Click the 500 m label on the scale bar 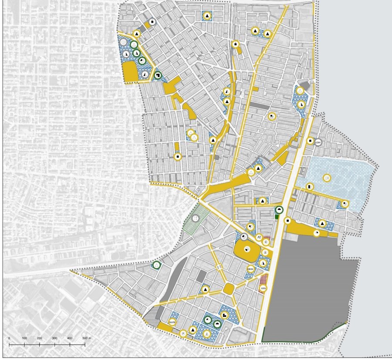pyautogui.click(x=87, y=338)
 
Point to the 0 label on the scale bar pyautogui.click(x=9, y=338)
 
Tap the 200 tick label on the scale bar pyautogui.click(x=39, y=338)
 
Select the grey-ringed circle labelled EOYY pyautogui.click(x=318, y=142)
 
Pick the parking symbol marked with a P pyautogui.click(x=183, y=333)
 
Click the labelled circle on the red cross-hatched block pyautogui.click(x=263, y=288)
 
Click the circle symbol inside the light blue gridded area pyautogui.click(x=327, y=178)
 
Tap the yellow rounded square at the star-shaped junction pyautogui.click(x=228, y=289)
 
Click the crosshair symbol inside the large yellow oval pyautogui.click(x=247, y=250)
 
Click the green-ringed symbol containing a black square pyautogui.click(x=158, y=76)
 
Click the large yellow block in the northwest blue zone pyautogui.click(x=130, y=72)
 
